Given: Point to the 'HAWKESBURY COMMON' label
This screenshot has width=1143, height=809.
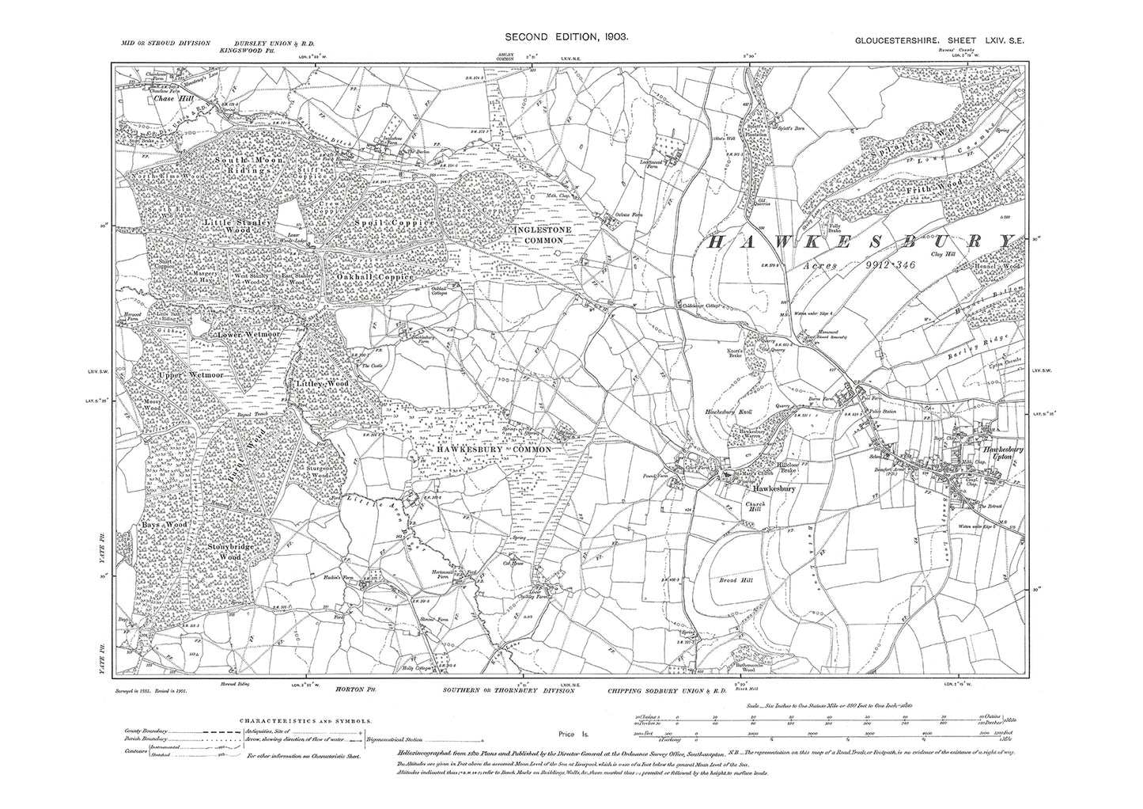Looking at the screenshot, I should point(494,449).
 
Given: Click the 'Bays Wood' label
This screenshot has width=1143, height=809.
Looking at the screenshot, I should point(164,525).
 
